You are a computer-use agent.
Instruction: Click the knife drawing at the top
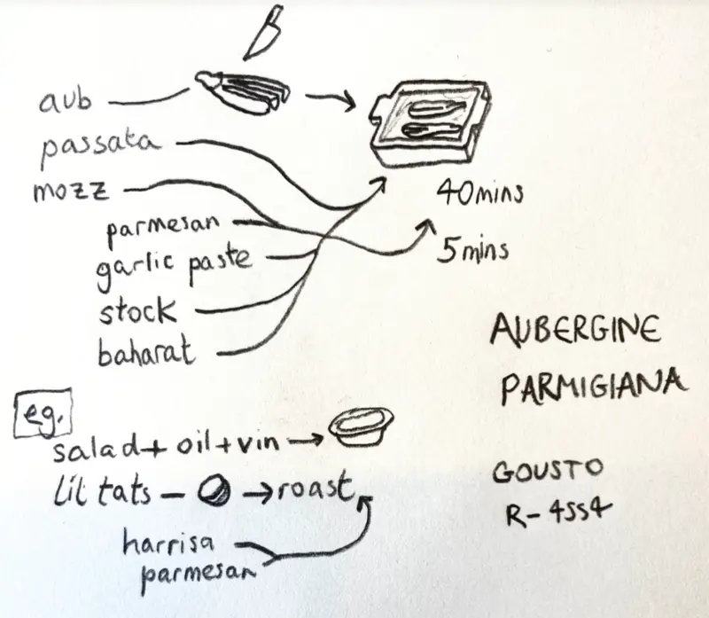click(x=263, y=33)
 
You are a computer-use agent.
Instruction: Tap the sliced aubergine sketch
click(x=243, y=92)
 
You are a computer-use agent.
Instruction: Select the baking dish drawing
click(x=431, y=123)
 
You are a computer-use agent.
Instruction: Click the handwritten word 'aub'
click(x=66, y=100)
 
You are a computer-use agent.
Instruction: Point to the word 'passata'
click(x=100, y=145)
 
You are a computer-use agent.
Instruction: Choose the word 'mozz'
click(x=71, y=191)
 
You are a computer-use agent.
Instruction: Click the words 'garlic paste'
click(x=173, y=266)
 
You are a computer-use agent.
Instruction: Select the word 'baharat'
click(x=146, y=350)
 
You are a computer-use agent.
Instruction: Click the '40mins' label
click(x=480, y=192)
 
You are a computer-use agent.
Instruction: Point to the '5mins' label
click(x=473, y=249)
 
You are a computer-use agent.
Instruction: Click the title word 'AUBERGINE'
click(x=575, y=328)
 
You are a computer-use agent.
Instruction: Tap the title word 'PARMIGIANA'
click(x=594, y=386)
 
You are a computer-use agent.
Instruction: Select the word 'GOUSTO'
click(x=548, y=471)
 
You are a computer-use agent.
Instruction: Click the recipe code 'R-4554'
click(x=559, y=512)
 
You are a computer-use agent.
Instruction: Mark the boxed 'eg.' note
click(x=43, y=412)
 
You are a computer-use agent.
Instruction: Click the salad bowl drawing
click(x=361, y=426)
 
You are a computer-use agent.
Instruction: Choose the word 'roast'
click(x=316, y=488)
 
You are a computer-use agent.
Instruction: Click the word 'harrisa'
click(x=168, y=544)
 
